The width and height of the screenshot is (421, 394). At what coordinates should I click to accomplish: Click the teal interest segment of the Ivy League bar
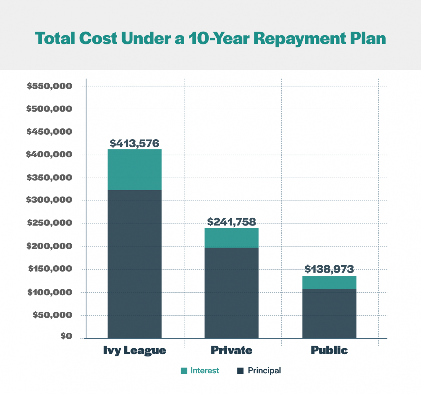(x=135, y=170)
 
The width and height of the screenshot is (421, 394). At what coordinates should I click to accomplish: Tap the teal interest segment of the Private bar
(x=231, y=238)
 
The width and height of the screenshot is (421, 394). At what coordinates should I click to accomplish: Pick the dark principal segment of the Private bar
(x=231, y=293)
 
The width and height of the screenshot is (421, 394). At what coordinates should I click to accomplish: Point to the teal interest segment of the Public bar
(x=329, y=282)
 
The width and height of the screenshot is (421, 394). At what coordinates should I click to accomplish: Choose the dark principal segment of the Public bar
(x=329, y=313)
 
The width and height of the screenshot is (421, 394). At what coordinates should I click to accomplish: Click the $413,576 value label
(x=135, y=143)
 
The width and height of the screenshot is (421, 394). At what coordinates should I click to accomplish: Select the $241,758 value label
(x=232, y=222)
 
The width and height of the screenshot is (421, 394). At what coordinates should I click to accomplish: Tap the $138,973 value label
(x=329, y=269)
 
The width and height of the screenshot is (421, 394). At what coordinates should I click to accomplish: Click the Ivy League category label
(x=135, y=350)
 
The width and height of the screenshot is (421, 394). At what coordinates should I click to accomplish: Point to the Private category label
(x=232, y=350)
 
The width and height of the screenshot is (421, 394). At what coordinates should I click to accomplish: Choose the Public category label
(x=329, y=350)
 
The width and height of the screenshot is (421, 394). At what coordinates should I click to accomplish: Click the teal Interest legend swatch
(x=184, y=371)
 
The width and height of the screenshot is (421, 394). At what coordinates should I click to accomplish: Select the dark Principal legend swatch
(x=240, y=371)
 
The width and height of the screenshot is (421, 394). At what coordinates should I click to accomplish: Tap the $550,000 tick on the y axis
(x=50, y=86)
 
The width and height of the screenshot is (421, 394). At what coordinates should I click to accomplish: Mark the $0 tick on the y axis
(x=66, y=336)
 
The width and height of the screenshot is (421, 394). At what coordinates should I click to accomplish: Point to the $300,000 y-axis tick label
(x=49, y=200)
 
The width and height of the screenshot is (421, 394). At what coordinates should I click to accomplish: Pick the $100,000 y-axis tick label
(x=50, y=292)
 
